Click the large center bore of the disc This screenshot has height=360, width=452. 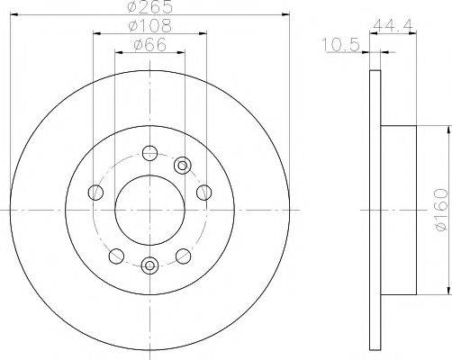pyautogui.click(x=149, y=209)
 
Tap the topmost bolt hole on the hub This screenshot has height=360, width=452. pyautogui.click(x=149, y=153)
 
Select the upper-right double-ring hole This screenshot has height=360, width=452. pyautogui.click(x=183, y=164)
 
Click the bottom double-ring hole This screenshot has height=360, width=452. pyautogui.click(x=150, y=265)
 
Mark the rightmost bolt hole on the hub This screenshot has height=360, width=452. pyautogui.click(x=203, y=191)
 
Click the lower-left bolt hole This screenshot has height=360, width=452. pyautogui.click(x=115, y=255)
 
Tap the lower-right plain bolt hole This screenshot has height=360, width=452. pyautogui.click(x=184, y=255)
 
